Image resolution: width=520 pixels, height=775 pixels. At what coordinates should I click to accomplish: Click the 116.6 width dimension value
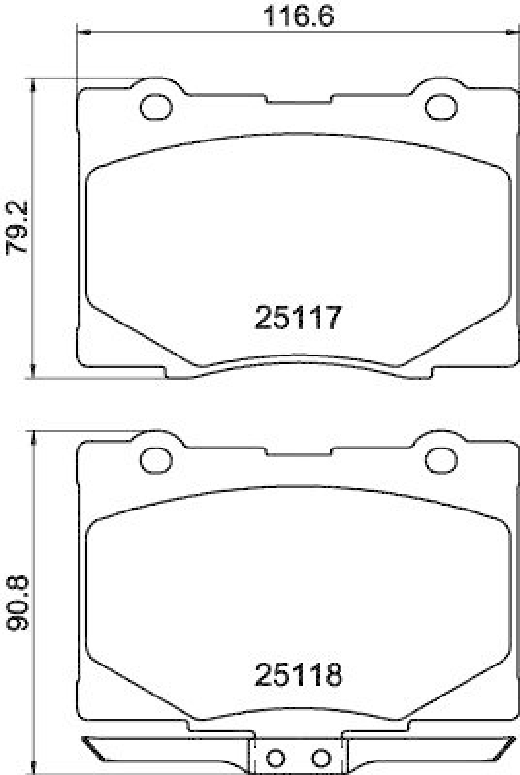(297, 15)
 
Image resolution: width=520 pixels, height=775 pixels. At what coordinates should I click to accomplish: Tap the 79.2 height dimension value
(16, 229)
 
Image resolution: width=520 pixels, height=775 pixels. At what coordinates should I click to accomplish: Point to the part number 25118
(297, 674)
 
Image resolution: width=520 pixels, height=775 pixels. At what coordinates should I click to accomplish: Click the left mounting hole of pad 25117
(152, 108)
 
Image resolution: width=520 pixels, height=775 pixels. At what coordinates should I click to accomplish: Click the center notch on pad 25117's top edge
(296, 96)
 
